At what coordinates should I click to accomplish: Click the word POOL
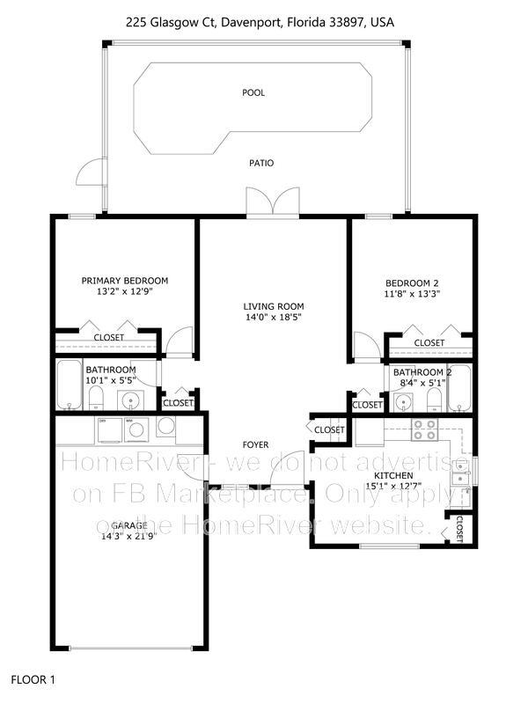[x=253, y=92]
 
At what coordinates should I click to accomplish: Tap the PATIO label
[x=261, y=164]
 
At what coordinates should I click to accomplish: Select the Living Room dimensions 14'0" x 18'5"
[x=273, y=319]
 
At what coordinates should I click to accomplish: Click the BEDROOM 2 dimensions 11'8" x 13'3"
[x=412, y=295]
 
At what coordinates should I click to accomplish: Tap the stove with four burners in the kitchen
[x=425, y=429]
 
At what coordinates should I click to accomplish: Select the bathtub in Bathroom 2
[x=459, y=389]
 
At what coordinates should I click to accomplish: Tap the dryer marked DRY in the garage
[x=107, y=429]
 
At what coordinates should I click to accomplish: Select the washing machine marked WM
[x=136, y=429]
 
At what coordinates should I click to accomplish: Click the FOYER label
[x=256, y=444]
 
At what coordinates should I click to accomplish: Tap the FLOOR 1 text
[x=33, y=680]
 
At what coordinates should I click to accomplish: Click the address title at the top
[x=264, y=21]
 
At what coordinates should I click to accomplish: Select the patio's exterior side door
[x=88, y=174]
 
